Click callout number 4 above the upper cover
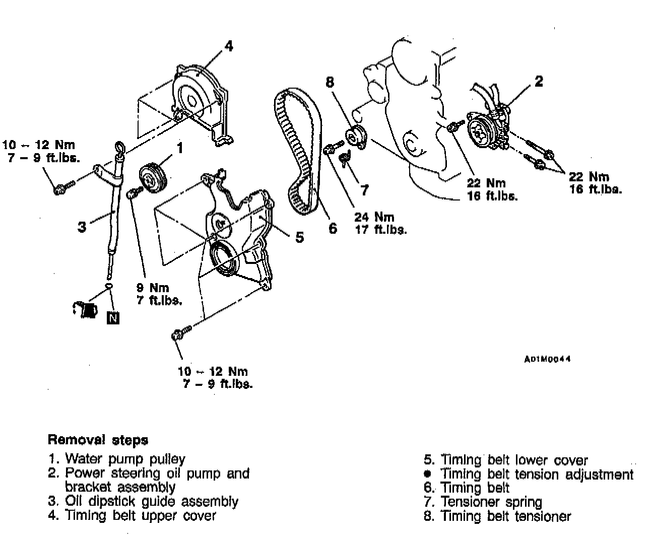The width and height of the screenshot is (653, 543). click(229, 46)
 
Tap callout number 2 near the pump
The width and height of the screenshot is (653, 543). click(539, 81)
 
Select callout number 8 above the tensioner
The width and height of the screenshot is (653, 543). click(331, 82)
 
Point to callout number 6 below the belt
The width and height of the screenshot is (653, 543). click(333, 228)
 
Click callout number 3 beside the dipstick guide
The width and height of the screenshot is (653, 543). click(82, 227)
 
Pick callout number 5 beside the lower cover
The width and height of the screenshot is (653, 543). click(299, 237)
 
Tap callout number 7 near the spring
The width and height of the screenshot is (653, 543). click(364, 190)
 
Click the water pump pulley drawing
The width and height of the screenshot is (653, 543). click(151, 178)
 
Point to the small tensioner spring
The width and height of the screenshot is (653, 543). click(344, 158)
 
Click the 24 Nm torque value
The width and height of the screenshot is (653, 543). click(374, 217)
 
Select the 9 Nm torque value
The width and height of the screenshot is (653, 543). click(152, 288)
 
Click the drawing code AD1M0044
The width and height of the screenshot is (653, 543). click(547, 359)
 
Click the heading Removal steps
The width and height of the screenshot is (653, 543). click(98, 440)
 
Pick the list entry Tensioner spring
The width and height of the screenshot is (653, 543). click(491, 502)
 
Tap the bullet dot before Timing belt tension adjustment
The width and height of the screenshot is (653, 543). click(428, 474)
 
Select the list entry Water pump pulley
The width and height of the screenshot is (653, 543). click(125, 459)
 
